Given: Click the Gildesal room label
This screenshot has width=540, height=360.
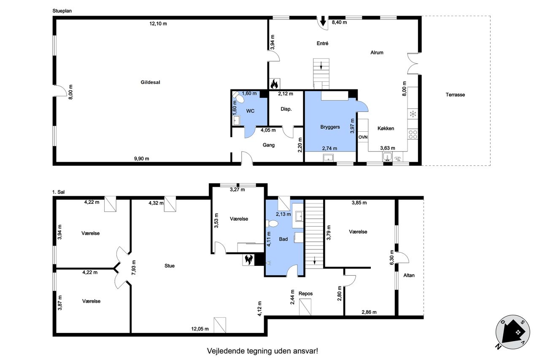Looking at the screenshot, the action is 150,82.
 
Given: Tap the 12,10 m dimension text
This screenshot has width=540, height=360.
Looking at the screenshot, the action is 158,24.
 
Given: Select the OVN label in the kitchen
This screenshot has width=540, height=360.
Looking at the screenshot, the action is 363,137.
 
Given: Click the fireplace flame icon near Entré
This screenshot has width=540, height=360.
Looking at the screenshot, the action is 274,84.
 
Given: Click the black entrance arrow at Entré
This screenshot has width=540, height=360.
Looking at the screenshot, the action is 323,21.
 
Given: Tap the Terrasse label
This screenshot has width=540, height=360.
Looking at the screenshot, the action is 455,95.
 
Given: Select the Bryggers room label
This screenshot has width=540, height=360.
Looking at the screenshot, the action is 330,127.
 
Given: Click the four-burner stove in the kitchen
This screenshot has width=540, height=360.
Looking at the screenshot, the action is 413,134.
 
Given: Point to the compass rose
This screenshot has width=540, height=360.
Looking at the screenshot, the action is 513,332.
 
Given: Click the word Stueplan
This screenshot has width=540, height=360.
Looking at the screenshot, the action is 62,11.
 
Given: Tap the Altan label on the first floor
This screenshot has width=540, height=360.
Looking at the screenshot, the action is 409,275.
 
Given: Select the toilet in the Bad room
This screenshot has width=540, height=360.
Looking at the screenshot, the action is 272,224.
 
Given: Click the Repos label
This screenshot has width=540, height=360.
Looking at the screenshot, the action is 305,293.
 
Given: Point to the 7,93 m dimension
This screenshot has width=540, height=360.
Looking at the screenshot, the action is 134,268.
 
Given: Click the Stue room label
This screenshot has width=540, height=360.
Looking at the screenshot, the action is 170,266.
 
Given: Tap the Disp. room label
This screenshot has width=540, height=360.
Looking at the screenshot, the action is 286,109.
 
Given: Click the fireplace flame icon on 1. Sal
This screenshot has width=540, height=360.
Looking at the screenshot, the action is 248,260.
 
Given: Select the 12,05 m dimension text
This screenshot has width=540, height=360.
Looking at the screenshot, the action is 200,329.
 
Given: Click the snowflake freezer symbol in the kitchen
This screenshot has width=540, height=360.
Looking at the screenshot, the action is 413,114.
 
